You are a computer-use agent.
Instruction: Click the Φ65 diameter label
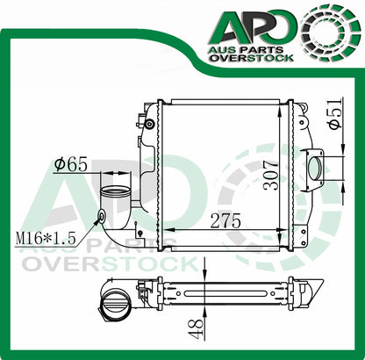click(71, 164)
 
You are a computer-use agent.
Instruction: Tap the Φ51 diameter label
click(335, 114)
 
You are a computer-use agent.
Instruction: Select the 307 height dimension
click(270, 175)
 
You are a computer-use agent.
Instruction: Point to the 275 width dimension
click(225, 220)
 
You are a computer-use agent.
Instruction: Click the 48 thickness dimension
click(197, 328)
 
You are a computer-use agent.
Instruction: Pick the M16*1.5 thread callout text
click(47, 238)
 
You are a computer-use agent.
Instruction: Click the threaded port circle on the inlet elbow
click(102, 217)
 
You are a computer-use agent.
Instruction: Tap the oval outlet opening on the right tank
click(315, 168)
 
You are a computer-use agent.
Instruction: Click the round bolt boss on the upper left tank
click(150, 124)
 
